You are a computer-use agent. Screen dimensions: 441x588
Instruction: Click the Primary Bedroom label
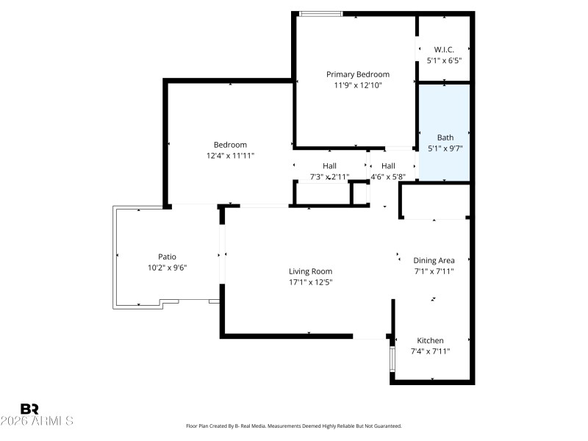click(358, 74)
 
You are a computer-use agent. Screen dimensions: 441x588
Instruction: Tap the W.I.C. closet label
click(444, 50)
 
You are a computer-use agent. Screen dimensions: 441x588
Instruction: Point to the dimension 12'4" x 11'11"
click(230, 156)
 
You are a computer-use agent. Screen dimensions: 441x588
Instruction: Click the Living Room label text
click(310, 271)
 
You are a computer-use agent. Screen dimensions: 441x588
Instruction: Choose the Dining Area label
click(434, 260)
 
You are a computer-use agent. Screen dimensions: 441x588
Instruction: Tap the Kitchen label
click(430, 340)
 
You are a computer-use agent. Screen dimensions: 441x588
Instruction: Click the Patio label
click(167, 257)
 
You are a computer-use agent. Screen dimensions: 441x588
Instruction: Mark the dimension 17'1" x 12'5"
click(310, 282)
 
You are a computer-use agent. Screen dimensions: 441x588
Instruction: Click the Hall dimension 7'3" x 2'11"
click(329, 177)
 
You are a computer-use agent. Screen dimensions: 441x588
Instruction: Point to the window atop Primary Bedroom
click(320, 13)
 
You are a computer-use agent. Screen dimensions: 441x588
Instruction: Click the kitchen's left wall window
click(391, 356)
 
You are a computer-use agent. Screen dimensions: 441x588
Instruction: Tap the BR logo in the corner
click(30, 409)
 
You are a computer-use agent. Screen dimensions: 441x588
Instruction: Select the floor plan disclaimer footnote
click(294, 426)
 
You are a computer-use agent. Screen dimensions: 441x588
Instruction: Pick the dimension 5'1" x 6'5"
click(444, 61)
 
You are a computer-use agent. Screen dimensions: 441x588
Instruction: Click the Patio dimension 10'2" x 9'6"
click(167, 268)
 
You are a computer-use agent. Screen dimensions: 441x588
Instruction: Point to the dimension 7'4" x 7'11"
click(430, 351)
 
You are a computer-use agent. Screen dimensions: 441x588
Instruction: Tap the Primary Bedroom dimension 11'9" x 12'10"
click(358, 85)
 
